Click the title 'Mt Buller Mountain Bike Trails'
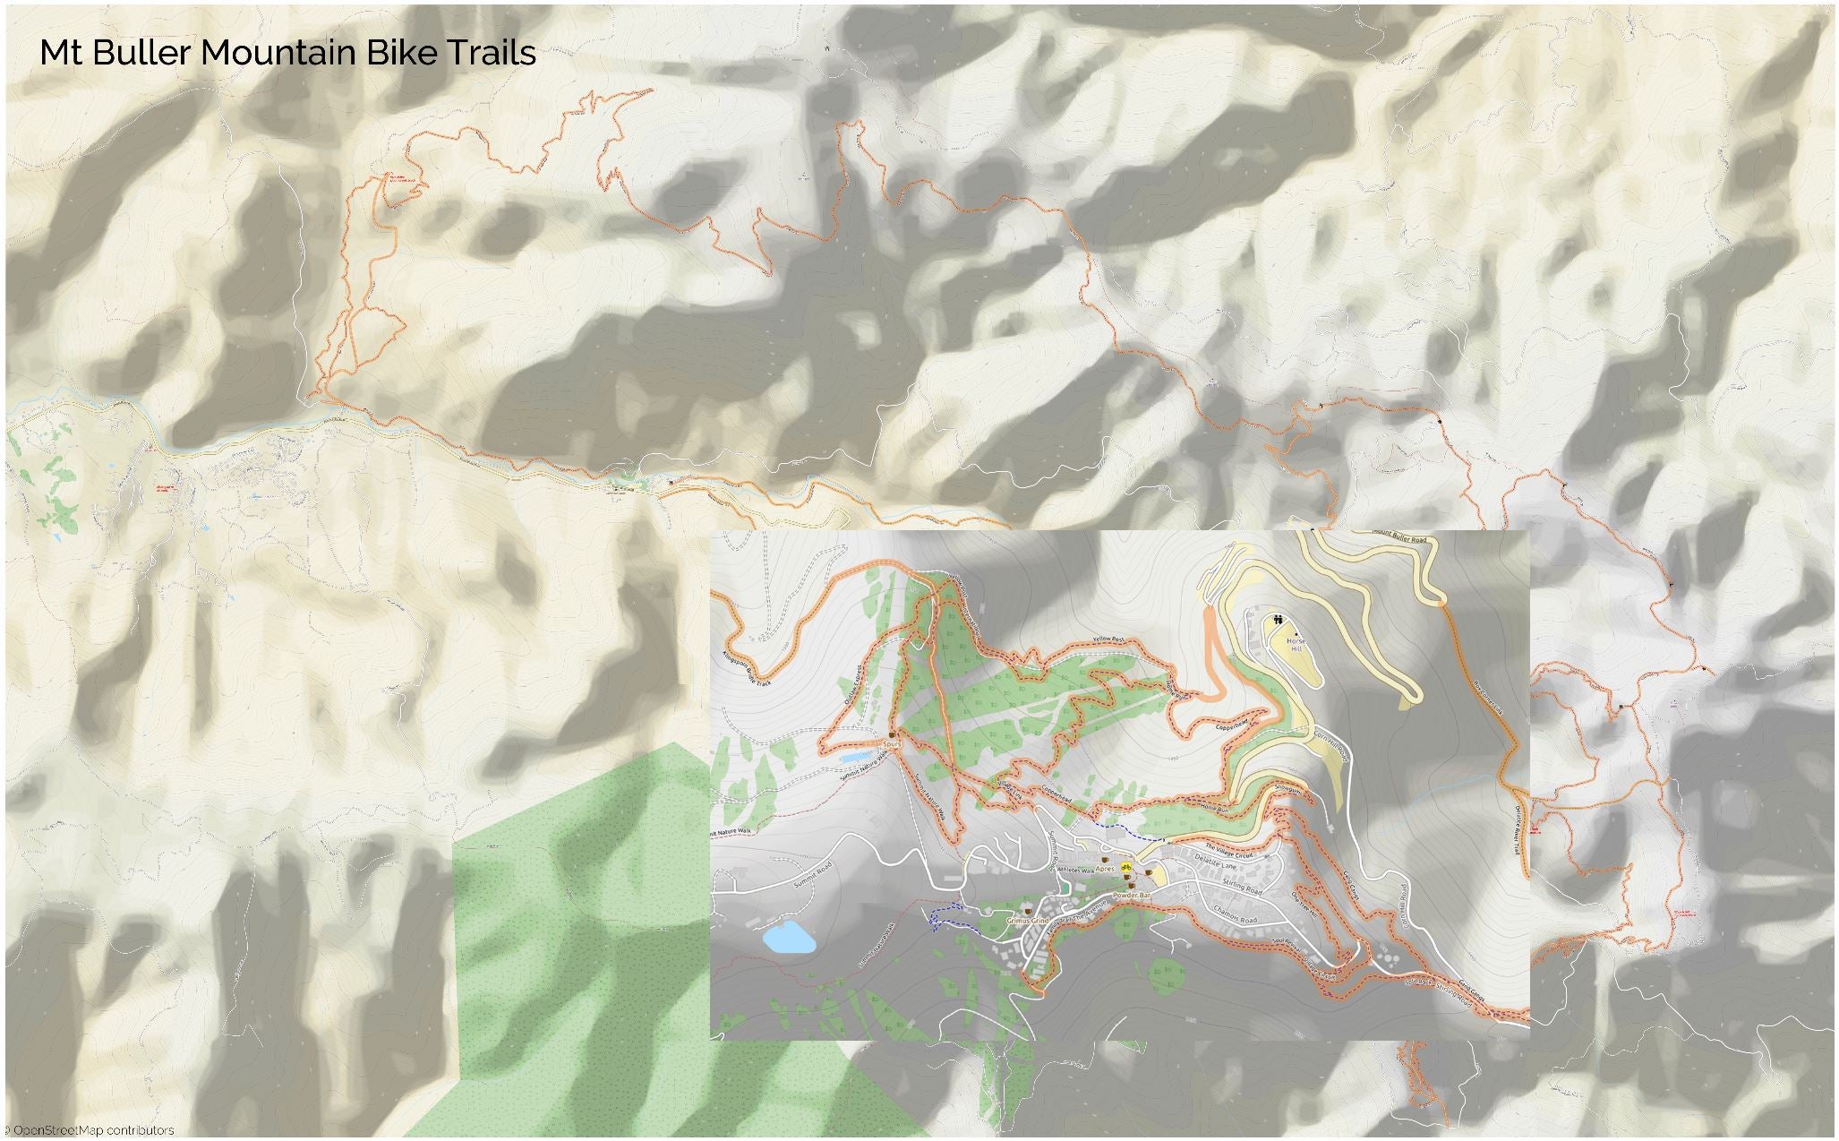287,53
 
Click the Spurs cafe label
891,743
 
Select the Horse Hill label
1296,645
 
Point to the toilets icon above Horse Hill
1278,619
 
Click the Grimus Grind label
1027,920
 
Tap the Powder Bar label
1130,896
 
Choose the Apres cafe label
1105,868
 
